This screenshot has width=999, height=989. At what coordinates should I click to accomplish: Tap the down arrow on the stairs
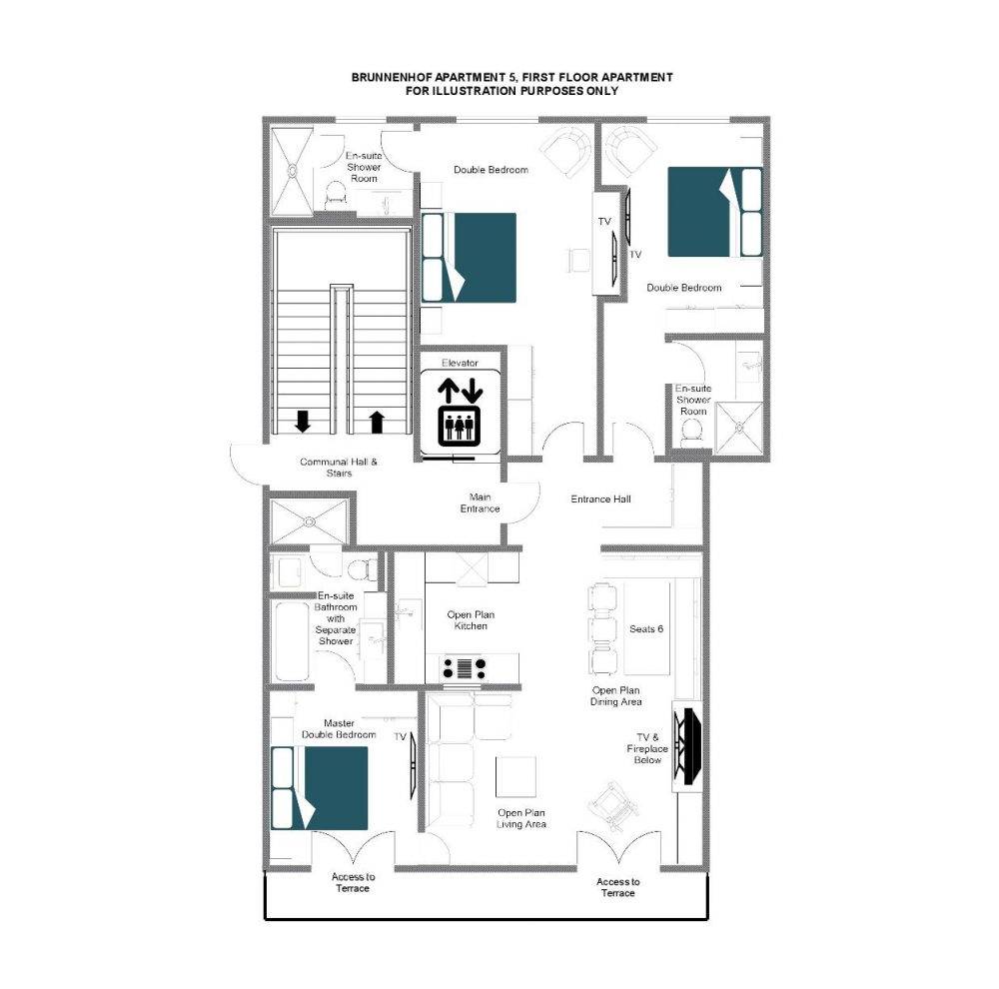pos(303,422)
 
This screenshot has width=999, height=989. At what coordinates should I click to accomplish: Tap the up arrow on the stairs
pos(378,422)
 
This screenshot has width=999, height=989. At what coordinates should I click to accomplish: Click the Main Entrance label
pos(480,502)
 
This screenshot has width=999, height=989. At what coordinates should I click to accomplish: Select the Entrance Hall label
pos(600,498)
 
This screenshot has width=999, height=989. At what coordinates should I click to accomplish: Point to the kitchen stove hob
pos(464,668)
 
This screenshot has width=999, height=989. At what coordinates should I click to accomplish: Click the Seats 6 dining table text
pos(646,629)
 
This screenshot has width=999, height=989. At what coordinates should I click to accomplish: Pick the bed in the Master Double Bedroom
pos(320,788)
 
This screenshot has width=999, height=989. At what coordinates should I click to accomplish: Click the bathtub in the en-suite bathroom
pos(293,641)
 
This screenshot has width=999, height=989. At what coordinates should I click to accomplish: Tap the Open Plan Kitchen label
pos(471,620)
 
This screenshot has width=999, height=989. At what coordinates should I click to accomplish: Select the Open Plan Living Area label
pos(521,818)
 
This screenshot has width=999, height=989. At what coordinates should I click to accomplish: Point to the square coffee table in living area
pos(516,777)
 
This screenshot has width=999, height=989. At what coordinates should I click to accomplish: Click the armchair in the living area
pos(613,805)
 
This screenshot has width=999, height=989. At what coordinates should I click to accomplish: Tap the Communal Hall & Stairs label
pos(339,468)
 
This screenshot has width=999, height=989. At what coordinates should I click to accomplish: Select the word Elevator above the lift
pos(460,363)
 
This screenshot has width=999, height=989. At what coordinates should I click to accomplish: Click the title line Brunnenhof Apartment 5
pos(511,77)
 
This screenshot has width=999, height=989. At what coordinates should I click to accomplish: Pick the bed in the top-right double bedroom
pos(715,212)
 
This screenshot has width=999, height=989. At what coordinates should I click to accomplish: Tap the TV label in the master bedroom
pos(401,736)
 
